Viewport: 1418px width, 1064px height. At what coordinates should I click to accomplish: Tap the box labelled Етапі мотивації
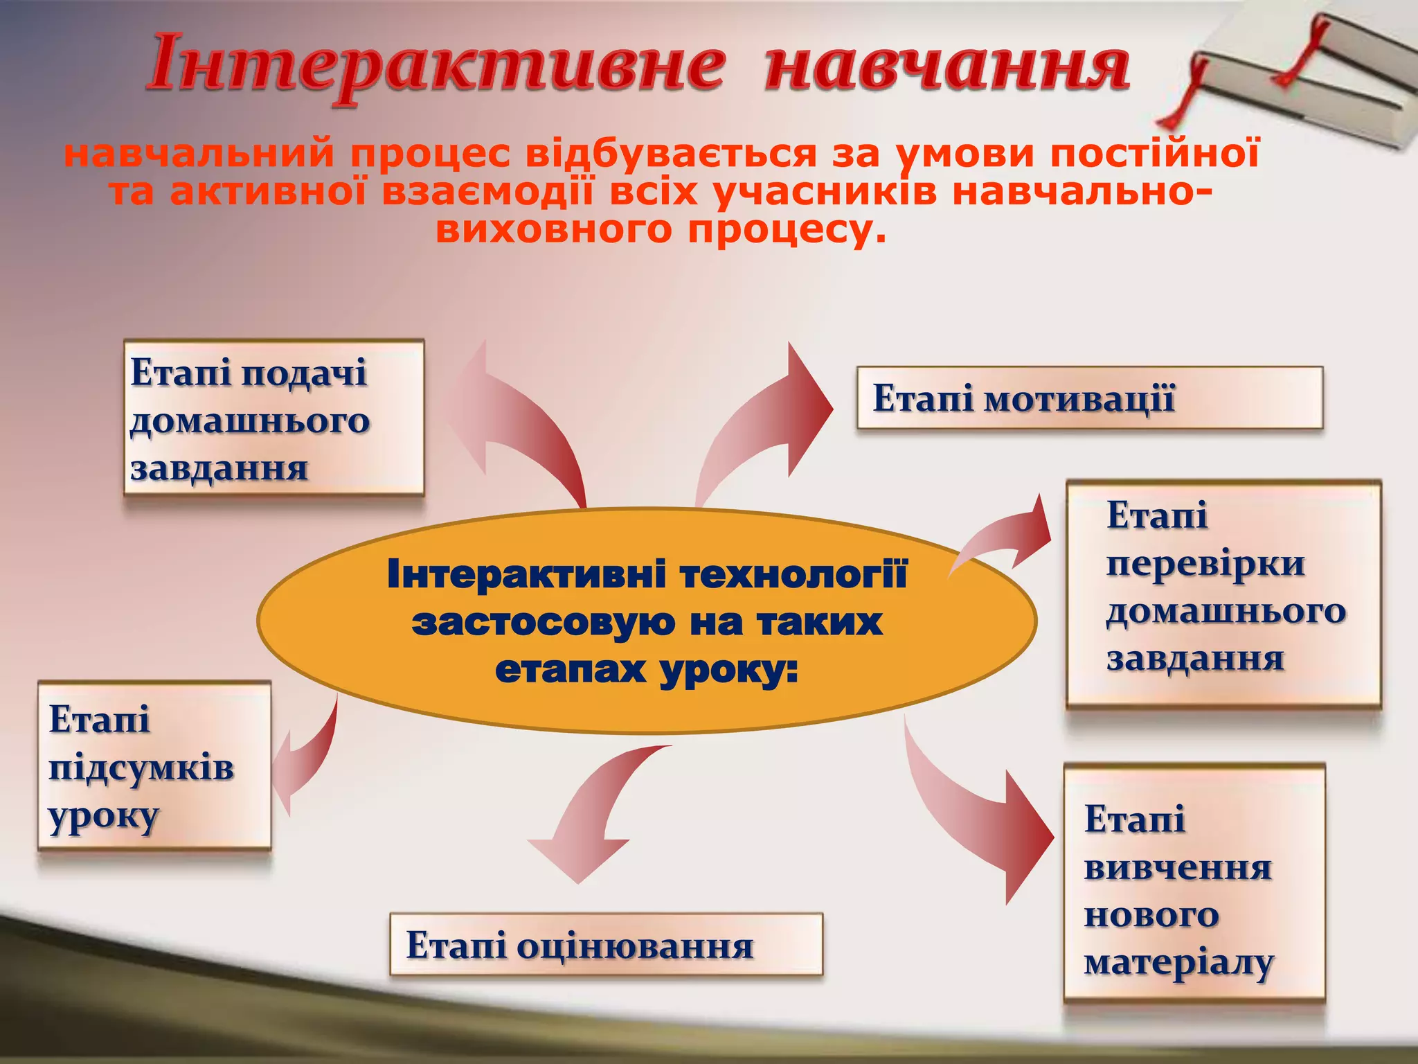click(x=1090, y=398)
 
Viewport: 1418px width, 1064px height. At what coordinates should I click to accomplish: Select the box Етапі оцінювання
click(x=606, y=945)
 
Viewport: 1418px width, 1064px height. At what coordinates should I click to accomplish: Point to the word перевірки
click(x=1205, y=564)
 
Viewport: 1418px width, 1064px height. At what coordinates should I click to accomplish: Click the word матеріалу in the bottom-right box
click(x=1178, y=964)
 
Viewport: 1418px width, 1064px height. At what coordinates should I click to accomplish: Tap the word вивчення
click(x=1178, y=868)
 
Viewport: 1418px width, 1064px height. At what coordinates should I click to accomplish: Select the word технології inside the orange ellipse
click(x=793, y=575)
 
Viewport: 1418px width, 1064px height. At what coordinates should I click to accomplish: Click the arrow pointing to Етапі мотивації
click(x=769, y=423)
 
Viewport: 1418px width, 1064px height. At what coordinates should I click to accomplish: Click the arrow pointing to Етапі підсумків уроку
click(x=305, y=762)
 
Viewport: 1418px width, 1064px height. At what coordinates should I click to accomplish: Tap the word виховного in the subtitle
click(x=553, y=229)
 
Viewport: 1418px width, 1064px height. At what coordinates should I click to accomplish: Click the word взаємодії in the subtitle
click(x=487, y=192)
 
